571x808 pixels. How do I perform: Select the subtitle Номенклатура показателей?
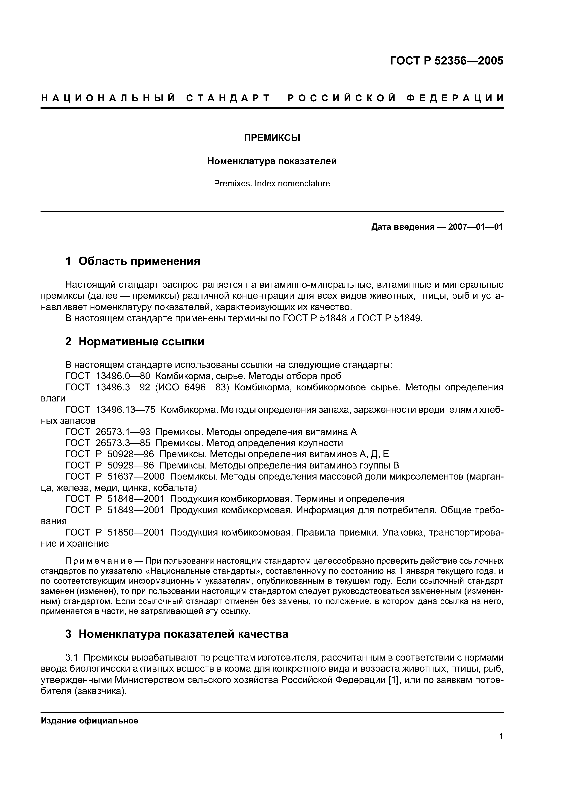[x=272, y=161]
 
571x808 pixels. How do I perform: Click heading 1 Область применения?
[x=133, y=261]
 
